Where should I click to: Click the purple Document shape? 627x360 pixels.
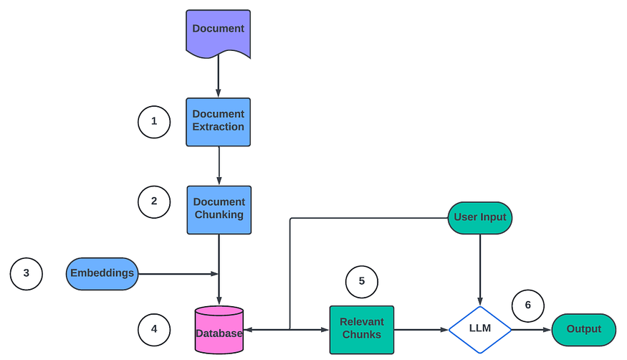point(219,32)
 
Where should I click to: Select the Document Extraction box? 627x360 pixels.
point(219,122)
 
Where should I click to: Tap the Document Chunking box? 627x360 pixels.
point(219,210)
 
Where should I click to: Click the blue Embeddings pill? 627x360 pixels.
point(102,274)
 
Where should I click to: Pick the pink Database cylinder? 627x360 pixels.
point(219,330)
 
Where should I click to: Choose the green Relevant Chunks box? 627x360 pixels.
point(362,330)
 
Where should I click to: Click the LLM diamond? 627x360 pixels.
point(480,330)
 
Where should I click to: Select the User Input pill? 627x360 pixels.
point(480,218)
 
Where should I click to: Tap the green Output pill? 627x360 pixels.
point(584,330)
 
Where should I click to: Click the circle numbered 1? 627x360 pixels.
point(154,122)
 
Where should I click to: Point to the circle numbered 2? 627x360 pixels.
point(154,202)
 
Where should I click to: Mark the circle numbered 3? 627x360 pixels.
point(27,274)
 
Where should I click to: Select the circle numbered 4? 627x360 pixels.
point(154,330)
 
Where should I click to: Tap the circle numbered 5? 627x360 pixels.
point(362,282)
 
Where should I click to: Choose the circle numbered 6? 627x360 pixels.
point(528,306)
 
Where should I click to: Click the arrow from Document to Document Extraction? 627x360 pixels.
point(219,76)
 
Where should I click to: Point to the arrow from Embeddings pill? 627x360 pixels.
point(178,274)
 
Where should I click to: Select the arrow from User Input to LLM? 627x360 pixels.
point(480,270)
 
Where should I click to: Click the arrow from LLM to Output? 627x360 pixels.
point(532,330)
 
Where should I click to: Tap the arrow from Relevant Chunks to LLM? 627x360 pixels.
point(421,330)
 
